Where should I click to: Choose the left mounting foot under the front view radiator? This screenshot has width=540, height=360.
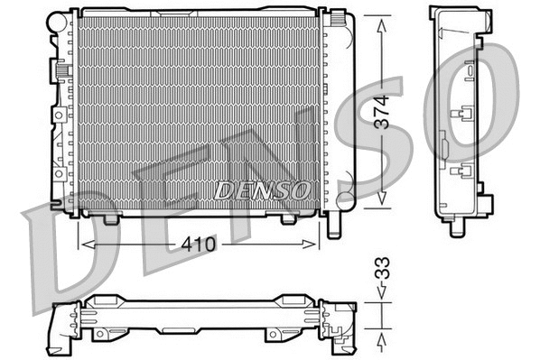[x=111, y=218]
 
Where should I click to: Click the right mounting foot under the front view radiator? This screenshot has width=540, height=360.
[x=289, y=218]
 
